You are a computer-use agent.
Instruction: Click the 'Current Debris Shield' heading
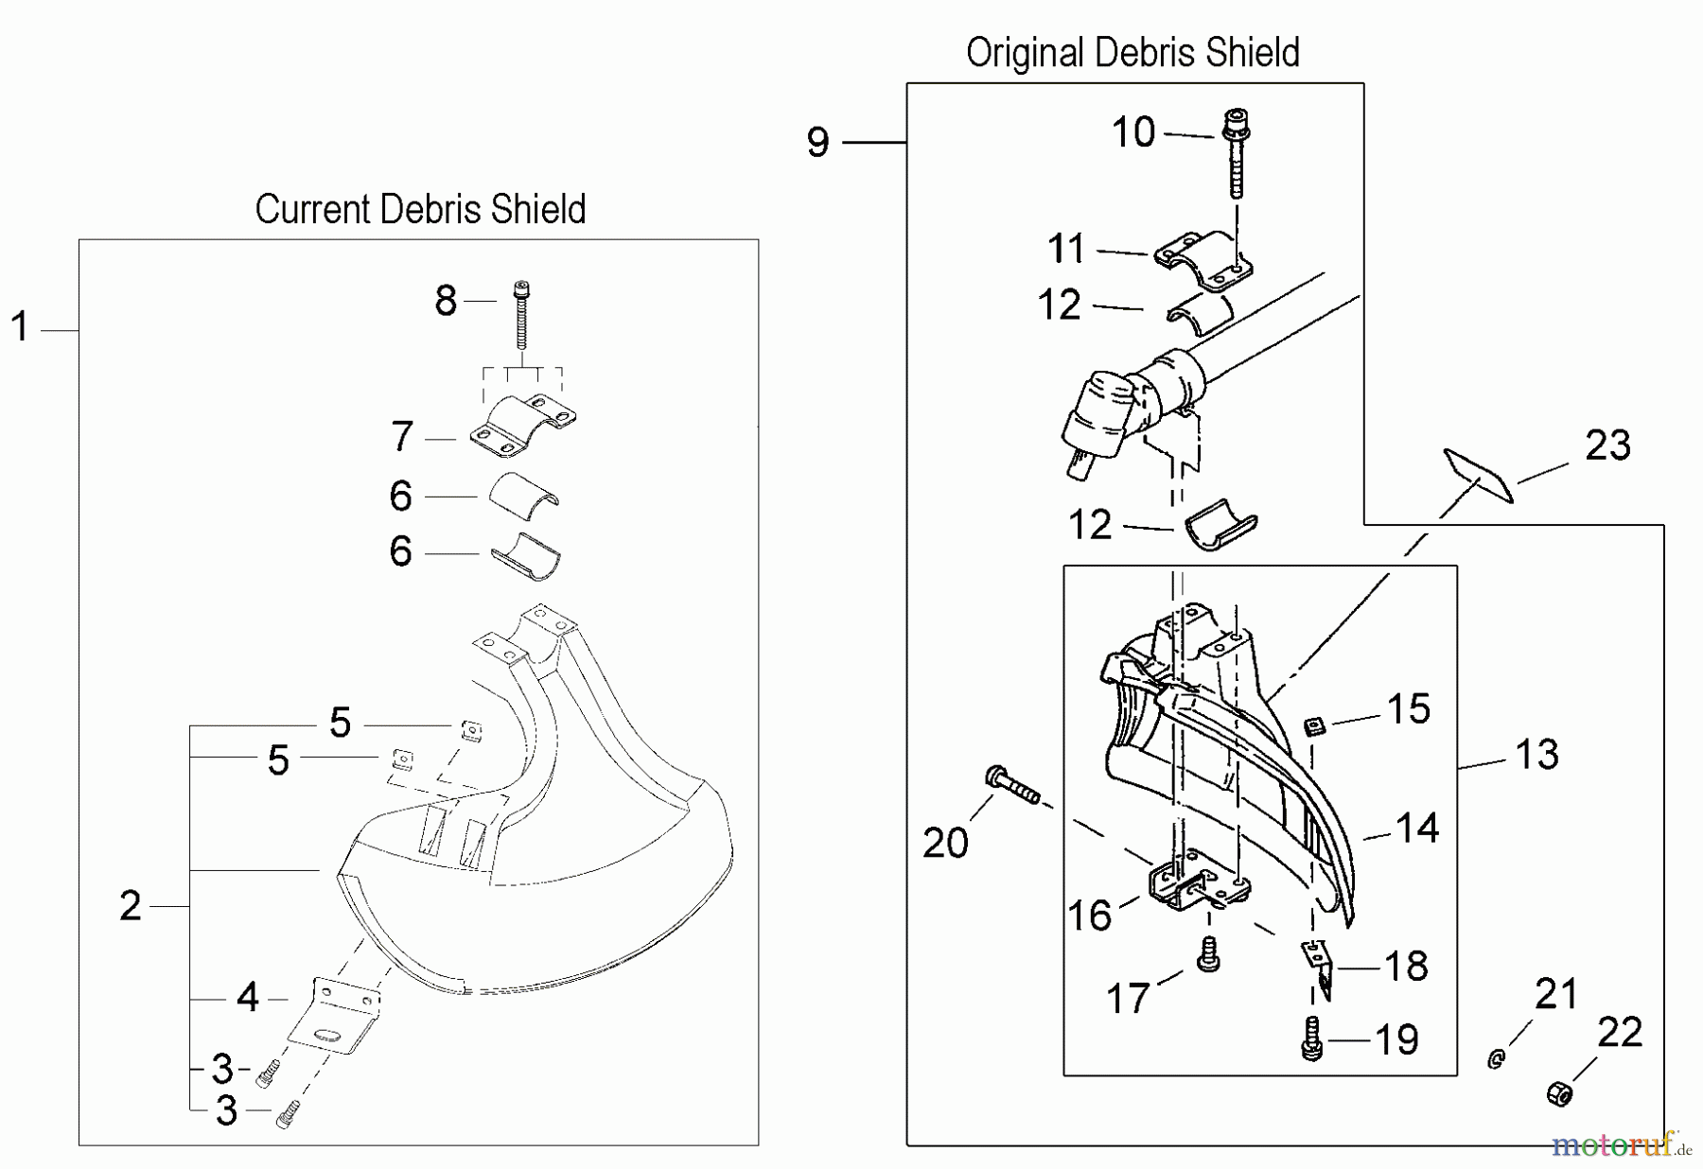[x=420, y=209]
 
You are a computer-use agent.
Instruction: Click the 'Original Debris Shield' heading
[x=1132, y=53]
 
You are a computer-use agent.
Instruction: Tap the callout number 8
[x=446, y=301]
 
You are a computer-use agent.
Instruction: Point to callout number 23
[x=1607, y=445]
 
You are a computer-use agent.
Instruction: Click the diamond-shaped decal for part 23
[x=1478, y=476]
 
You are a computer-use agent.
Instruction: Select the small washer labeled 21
[x=1496, y=1059]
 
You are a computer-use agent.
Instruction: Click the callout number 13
[x=1536, y=755]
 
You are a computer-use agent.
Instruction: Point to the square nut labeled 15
[x=1312, y=726]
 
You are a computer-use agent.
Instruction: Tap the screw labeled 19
[x=1311, y=1038]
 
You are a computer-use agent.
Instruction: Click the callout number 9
[x=818, y=143]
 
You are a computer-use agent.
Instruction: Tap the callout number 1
[x=20, y=327]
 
